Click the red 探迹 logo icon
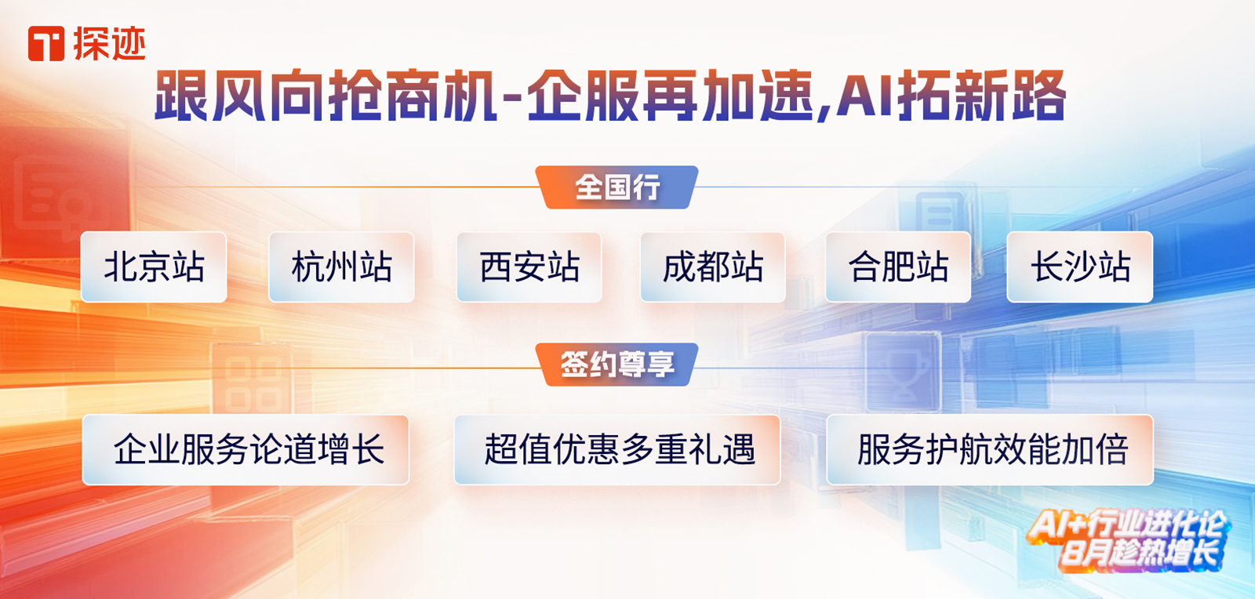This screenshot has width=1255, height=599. [x=46, y=44]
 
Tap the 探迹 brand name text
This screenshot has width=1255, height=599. [x=109, y=44]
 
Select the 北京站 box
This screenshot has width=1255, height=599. [x=154, y=267]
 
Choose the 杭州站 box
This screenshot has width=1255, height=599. [x=341, y=267]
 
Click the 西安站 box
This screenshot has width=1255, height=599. [x=529, y=267]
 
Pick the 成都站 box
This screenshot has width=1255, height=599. [x=713, y=267]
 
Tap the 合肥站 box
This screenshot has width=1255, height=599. [x=898, y=267]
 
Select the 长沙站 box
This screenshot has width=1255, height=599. [x=1079, y=267]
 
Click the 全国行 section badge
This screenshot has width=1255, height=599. [x=617, y=187]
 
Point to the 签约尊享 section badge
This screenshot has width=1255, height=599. [x=617, y=365]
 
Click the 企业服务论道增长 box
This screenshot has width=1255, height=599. [x=246, y=449]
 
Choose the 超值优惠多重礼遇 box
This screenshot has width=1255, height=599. [x=617, y=449]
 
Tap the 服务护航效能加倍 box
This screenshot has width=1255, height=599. [x=990, y=449]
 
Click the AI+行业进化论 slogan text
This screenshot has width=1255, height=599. [x=1127, y=525]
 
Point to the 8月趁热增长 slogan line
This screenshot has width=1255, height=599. [x=1140, y=554]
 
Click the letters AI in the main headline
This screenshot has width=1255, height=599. [x=864, y=96]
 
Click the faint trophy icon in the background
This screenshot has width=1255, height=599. [x=903, y=372]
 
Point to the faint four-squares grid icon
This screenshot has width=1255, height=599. [x=253, y=383]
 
